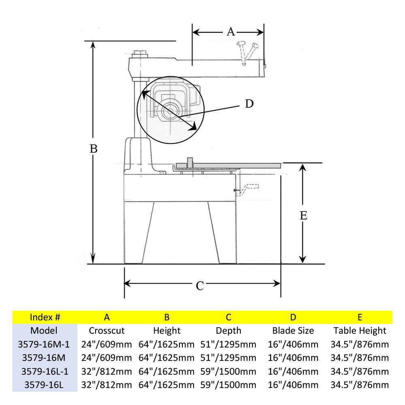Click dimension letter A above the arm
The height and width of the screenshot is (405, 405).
(230, 32)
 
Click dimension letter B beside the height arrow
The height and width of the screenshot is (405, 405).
(94, 149)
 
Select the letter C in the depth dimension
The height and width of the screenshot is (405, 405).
(200, 286)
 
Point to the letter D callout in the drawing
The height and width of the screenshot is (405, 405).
(249, 104)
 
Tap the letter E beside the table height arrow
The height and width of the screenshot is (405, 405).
(303, 215)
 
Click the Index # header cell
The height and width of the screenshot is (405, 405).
(45, 317)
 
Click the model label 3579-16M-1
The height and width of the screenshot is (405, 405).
(44, 344)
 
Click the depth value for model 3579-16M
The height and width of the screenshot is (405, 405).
(228, 358)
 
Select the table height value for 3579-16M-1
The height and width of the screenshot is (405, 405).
(360, 344)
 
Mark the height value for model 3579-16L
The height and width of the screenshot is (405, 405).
(166, 385)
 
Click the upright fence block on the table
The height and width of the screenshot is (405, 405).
(189, 163)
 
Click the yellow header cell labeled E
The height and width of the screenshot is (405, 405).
(360, 317)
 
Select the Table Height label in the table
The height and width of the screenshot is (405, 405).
(360, 330)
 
